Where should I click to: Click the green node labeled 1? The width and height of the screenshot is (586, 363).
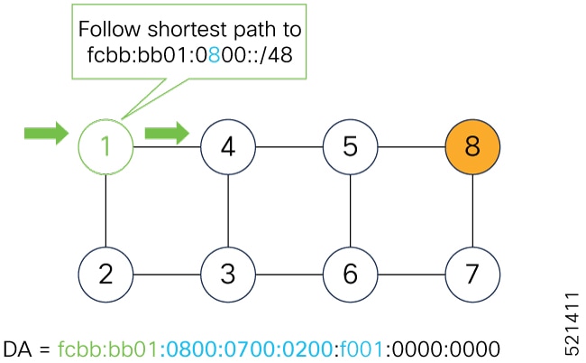(x=106, y=145)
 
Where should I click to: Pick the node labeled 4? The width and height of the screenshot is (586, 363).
(x=228, y=145)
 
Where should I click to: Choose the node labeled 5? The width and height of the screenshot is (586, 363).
(x=351, y=145)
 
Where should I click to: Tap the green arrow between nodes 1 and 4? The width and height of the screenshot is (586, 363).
(x=167, y=135)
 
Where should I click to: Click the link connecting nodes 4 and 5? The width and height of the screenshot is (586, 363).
(x=289, y=145)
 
